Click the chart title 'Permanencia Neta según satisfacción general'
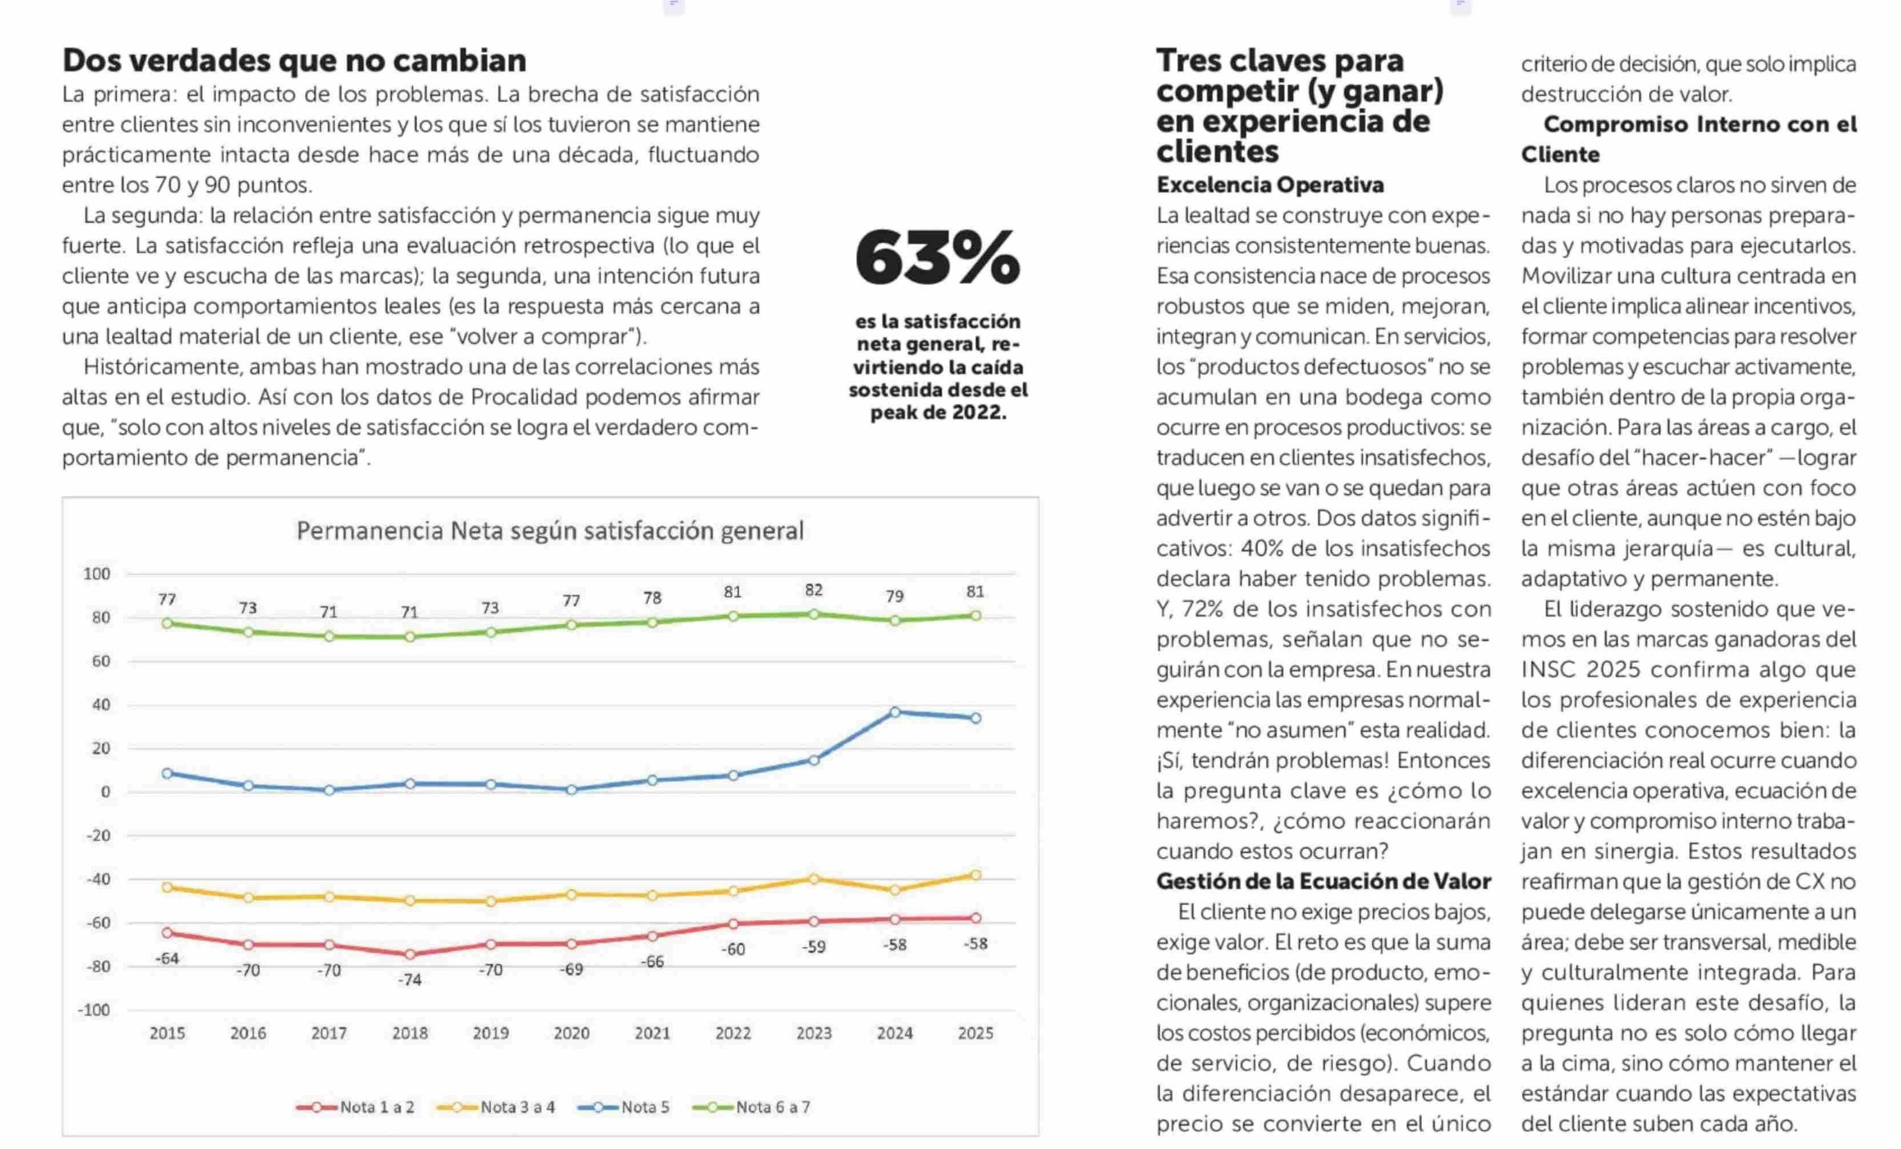[x=550, y=531]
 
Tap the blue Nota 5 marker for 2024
[x=895, y=712]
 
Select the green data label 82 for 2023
[x=814, y=590]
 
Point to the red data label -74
[x=410, y=980]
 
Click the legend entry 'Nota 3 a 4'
[x=496, y=1107]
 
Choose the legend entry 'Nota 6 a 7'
[x=752, y=1107]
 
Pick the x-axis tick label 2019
[x=490, y=1033]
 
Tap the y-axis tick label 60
[x=101, y=661]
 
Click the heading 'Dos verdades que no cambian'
[x=294, y=60]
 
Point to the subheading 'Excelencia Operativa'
[x=1270, y=185]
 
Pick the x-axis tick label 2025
[x=976, y=1033]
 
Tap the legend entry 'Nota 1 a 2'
[x=356, y=1107]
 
